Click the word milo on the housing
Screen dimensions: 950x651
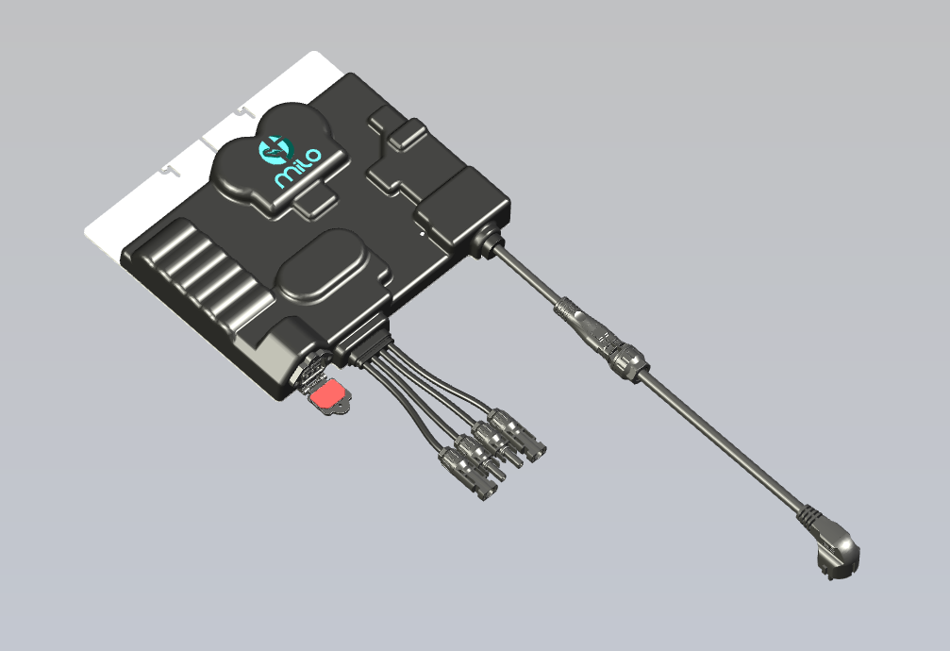[298, 167]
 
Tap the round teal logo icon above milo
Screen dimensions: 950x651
[275, 149]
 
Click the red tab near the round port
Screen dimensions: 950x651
[326, 394]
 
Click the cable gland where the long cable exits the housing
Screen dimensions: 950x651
[488, 239]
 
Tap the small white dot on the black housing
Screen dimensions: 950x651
[423, 233]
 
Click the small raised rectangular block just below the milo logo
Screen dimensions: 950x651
[316, 202]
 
